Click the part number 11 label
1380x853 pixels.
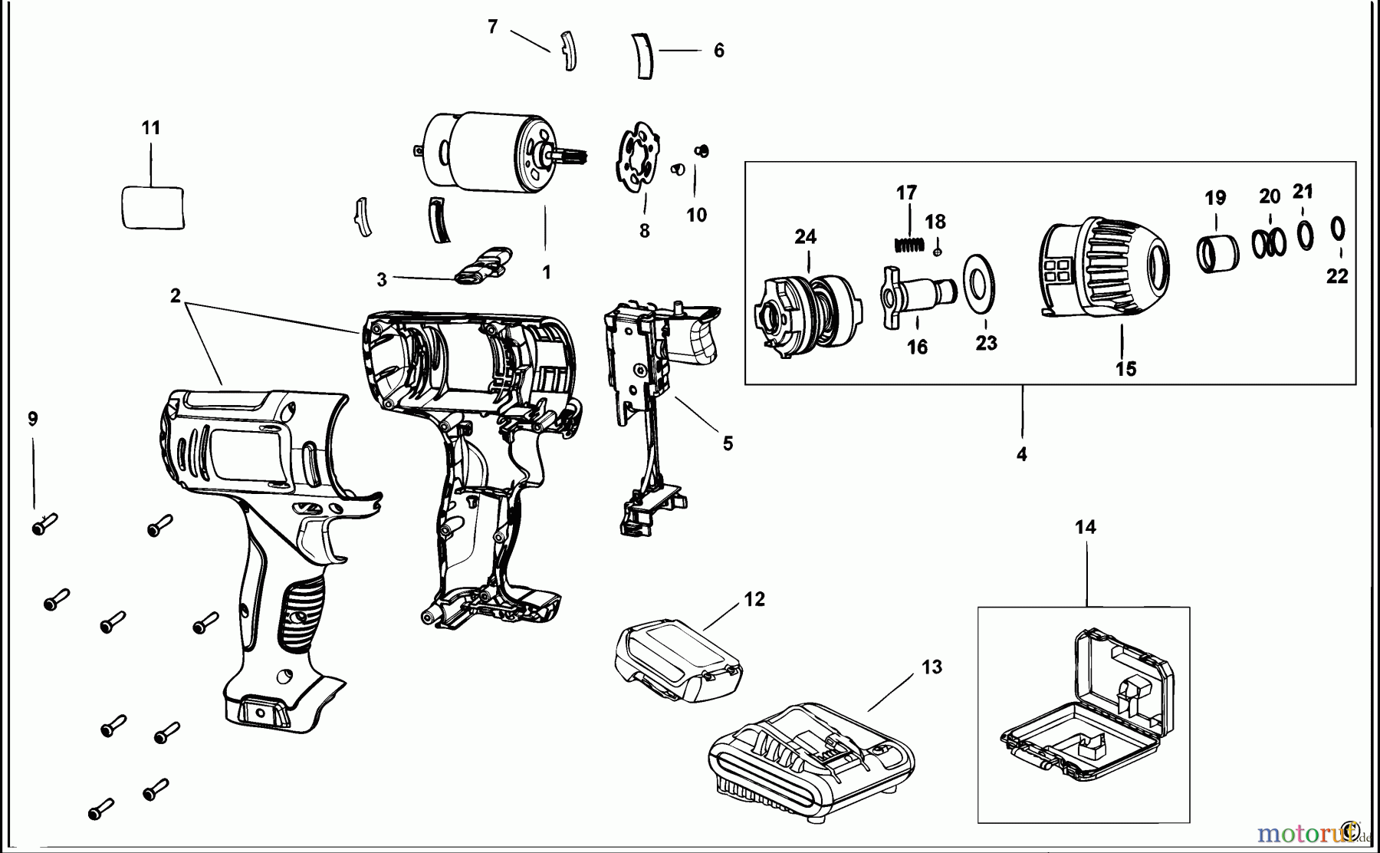pos(151,127)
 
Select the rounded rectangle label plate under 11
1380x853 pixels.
pos(153,207)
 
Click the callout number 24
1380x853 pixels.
pos(805,236)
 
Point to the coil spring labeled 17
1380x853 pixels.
pos(908,244)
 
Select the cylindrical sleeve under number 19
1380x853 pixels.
pos(1218,253)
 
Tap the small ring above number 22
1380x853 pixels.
pos(1337,229)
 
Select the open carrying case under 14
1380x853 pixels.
pos(1089,706)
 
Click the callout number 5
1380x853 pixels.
pos(727,443)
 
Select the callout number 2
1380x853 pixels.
pos(176,296)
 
